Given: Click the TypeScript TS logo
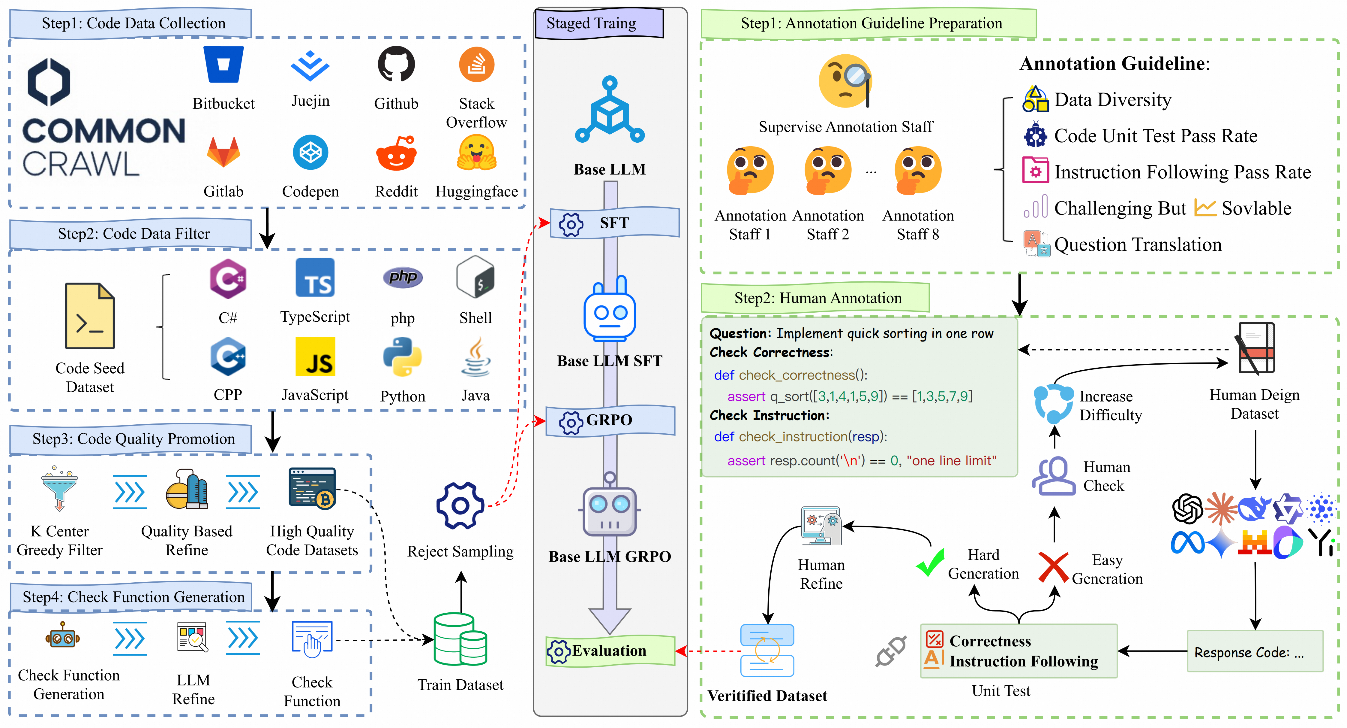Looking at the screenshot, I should coord(315,278).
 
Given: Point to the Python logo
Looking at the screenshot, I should coord(402,357).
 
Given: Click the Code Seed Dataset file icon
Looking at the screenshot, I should coord(89,316).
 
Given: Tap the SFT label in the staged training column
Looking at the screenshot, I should coord(614,223).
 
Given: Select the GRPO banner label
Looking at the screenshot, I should coord(610,420).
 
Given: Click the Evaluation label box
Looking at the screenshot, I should coord(610,651).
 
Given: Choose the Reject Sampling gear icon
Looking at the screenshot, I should coord(460,505).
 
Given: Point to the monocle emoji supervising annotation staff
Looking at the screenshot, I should coord(845,81).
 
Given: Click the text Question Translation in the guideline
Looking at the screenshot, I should coord(1138,244).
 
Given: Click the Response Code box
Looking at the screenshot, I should coord(1255,652).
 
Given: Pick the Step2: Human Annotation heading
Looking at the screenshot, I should coord(818,298).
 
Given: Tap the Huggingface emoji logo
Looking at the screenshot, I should coord(476,153).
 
